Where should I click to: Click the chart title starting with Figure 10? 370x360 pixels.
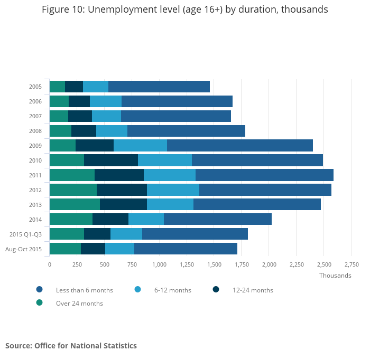pyautogui.click(x=185, y=10)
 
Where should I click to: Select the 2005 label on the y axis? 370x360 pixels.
pyautogui.click(x=35, y=87)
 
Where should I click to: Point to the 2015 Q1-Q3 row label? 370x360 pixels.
pyautogui.click(x=26, y=234)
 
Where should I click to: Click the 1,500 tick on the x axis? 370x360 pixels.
pyautogui.click(x=214, y=264)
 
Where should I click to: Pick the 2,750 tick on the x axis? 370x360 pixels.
pyautogui.click(x=351, y=264)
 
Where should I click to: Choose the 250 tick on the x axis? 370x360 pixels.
pyautogui.click(x=77, y=264)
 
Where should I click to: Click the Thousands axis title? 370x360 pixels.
pyautogui.click(x=335, y=276)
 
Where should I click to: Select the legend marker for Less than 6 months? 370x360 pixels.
pyautogui.click(x=39, y=289)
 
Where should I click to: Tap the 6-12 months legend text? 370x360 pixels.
pyautogui.click(x=173, y=290)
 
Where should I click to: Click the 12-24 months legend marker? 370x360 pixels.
pyautogui.click(x=216, y=289)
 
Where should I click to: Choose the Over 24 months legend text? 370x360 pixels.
pyautogui.click(x=79, y=304)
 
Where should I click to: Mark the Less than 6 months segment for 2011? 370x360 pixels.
pyautogui.click(x=264, y=175)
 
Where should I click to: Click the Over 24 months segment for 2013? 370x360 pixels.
pyautogui.click(x=75, y=205)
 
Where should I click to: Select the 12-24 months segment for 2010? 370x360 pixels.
pyautogui.click(x=111, y=160)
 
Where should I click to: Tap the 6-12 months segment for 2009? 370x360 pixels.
pyautogui.click(x=140, y=146)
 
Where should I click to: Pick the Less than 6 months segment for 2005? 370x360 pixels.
pyautogui.click(x=159, y=87)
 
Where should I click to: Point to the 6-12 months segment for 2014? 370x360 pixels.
pyautogui.click(x=146, y=220)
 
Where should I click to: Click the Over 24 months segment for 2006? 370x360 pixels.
pyautogui.click(x=59, y=101)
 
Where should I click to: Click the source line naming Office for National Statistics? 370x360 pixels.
pyautogui.click(x=71, y=346)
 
